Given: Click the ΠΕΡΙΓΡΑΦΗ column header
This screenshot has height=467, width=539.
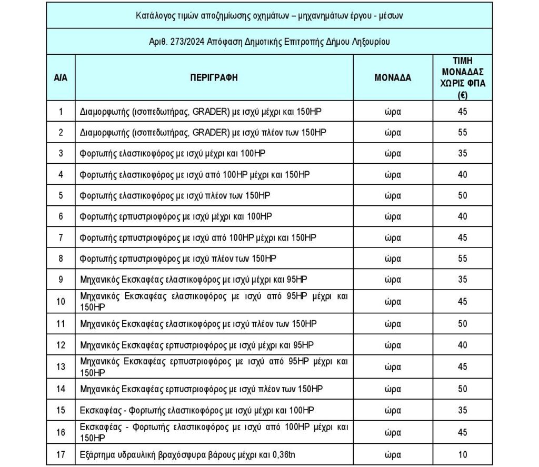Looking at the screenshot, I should (x=214, y=77).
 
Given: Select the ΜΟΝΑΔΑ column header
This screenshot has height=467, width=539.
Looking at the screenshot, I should (x=393, y=77).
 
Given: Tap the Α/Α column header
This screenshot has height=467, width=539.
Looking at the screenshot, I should (x=61, y=77).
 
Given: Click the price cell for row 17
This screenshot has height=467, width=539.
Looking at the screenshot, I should (x=462, y=454).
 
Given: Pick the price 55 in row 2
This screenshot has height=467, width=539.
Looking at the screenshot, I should (x=462, y=132).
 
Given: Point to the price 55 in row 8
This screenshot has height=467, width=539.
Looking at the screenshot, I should (x=462, y=259).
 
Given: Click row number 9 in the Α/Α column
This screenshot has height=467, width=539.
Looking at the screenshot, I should (x=61, y=280).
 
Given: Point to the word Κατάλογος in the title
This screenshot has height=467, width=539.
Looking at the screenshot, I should (x=153, y=15).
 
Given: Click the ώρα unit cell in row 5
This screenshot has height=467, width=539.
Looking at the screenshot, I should (x=393, y=195).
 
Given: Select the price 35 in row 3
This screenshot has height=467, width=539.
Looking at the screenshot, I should (x=462, y=153).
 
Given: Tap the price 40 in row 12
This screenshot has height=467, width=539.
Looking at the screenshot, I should (x=462, y=345).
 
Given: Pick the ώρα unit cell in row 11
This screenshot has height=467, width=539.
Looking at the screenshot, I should (x=393, y=323).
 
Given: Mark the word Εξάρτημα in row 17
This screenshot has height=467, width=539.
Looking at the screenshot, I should (x=97, y=454).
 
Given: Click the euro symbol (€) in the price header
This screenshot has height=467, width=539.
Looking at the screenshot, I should (x=463, y=95).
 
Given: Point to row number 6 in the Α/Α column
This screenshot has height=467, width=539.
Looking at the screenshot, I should (x=61, y=216).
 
